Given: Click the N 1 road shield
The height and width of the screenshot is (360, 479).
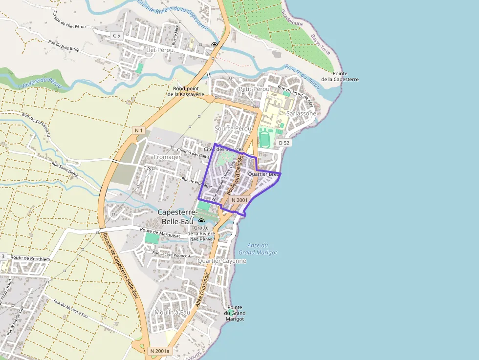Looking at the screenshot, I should coord(139,130).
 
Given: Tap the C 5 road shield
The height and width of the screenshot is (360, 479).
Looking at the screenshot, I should coord(116,35).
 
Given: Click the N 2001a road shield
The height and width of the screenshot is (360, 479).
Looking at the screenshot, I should coord(159,351).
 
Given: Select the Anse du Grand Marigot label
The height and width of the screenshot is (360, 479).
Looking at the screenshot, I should coord(258,249).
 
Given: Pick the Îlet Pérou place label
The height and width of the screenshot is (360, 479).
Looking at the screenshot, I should coord(160,50).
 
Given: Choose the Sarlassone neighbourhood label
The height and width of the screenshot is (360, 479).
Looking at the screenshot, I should coord(301,113).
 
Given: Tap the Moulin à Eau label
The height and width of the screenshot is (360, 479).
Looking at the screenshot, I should coord(172,312).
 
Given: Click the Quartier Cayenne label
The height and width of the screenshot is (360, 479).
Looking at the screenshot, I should coord(222,261).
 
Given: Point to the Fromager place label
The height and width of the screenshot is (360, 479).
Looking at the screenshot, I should coord(167,157).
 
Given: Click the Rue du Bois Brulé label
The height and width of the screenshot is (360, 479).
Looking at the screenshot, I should coord(64,46).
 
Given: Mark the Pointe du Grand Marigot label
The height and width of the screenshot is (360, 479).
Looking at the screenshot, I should coord(235,313).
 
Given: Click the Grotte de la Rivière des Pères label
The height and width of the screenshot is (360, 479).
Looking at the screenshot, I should coord(201,233).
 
